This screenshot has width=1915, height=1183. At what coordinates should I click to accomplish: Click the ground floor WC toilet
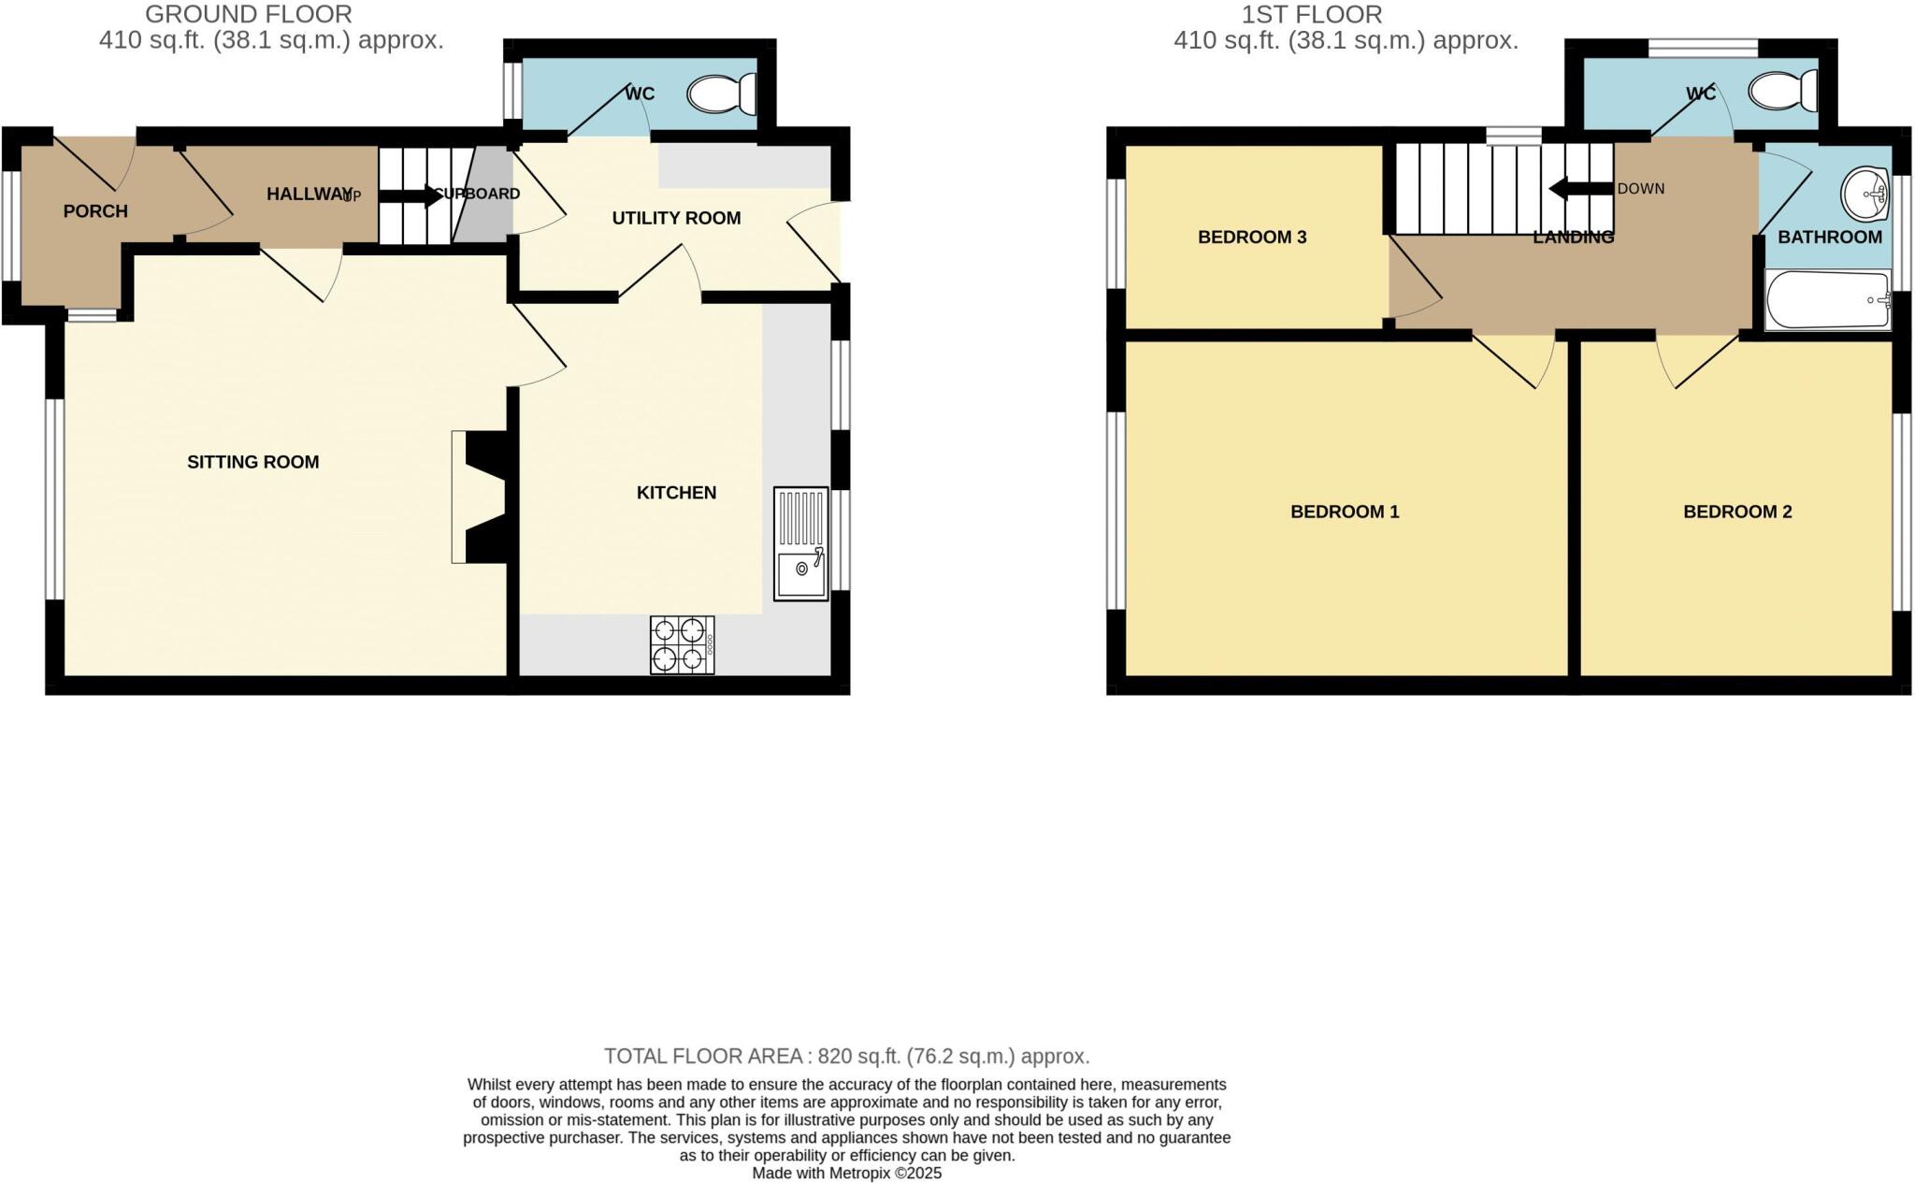[722, 94]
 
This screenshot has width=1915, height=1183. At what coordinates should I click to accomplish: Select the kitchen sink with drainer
[801, 543]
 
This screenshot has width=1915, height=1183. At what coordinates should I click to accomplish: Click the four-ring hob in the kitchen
[682, 644]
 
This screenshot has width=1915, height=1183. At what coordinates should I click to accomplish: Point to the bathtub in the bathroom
[1827, 300]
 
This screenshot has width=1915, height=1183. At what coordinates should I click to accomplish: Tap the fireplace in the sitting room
[482, 497]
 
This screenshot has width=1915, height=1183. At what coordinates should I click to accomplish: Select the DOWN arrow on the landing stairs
[1580, 188]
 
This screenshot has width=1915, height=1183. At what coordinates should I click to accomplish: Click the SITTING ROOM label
[252, 462]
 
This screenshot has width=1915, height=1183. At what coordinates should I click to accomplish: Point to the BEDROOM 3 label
[1251, 238]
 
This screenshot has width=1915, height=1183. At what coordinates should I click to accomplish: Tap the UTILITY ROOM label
[676, 218]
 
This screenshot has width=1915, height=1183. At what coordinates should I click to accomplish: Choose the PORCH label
[95, 211]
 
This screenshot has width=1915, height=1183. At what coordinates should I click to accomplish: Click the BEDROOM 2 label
[1736, 512]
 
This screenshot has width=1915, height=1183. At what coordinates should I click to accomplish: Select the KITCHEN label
[676, 493]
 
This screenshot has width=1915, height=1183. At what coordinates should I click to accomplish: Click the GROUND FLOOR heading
[249, 15]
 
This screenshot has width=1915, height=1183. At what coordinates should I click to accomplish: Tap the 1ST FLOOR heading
[1311, 15]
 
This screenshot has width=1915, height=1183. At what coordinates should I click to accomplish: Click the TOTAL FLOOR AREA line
[846, 1057]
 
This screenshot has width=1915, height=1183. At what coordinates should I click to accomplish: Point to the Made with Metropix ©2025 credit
[846, 1173]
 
